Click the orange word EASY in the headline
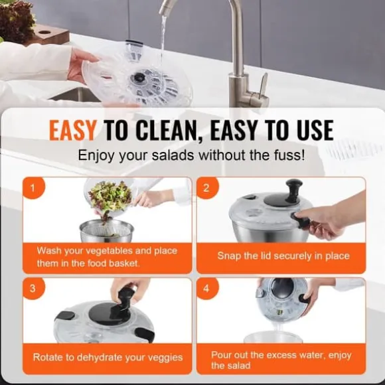pos(72,130)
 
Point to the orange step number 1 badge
pos(33,188)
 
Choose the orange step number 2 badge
pos(207,188)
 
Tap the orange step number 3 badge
pos(33,289)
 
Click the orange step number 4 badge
pos(207,289)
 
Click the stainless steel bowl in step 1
pos(107,231)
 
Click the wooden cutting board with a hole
pos(49,35)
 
